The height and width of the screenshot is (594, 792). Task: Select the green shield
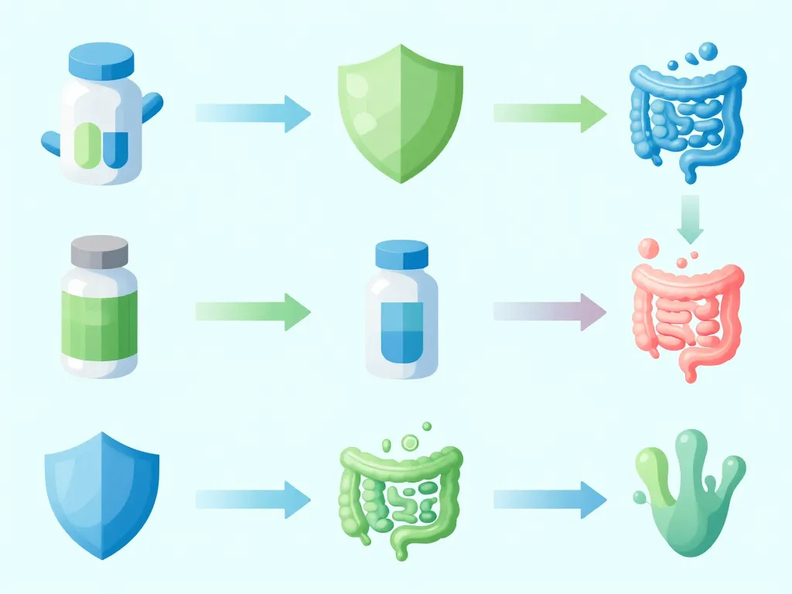(400, 112)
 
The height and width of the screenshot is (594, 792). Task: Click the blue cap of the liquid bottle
(401, 254)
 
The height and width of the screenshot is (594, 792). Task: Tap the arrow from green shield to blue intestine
(550, 114)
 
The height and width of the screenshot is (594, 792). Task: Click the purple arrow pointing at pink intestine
(550, 312)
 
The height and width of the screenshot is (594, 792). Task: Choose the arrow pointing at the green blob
(550, 500)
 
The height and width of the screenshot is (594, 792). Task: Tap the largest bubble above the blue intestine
(707, 53)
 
